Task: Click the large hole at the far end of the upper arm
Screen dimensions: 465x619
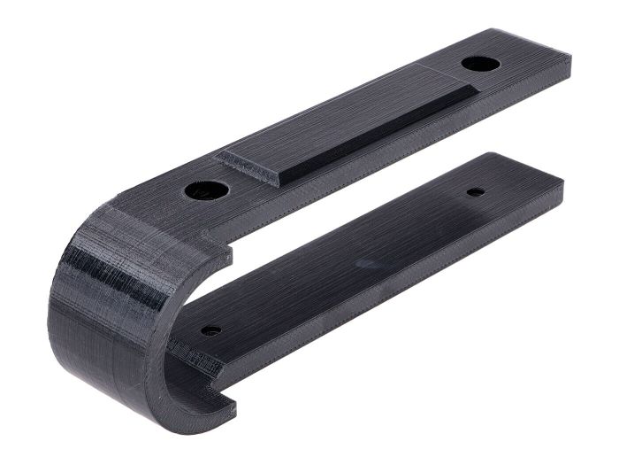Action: (x=478, y=65)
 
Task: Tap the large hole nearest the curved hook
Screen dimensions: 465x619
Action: (x=206, y=189)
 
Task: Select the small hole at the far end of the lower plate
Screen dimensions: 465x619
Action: (x=476, y=191)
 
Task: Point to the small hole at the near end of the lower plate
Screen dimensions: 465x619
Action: (x=211, y=330)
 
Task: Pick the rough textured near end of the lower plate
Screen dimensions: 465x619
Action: (x=196, y=359)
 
